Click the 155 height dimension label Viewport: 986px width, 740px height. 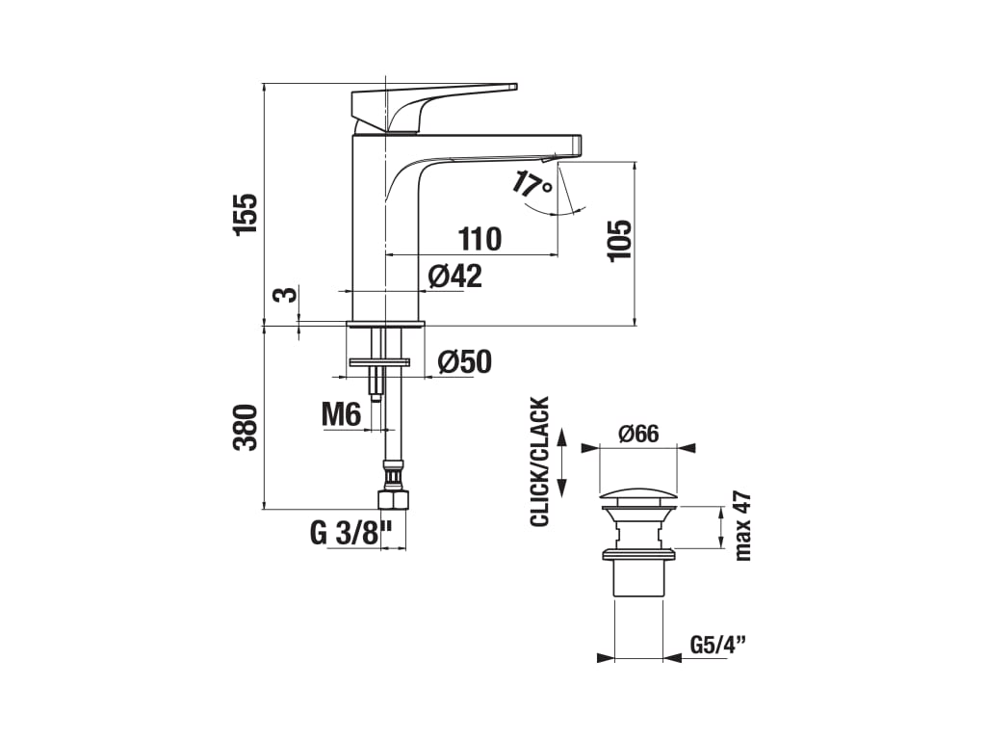tap(246, 213)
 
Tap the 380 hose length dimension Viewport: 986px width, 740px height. tap(246, 427)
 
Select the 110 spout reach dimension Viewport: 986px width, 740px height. tap(480, 238)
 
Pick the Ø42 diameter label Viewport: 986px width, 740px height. tap(454, 276)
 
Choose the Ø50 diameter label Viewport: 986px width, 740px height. tap(464, 361)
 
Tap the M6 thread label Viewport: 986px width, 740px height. tap(341, 415)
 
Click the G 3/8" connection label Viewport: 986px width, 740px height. tap(352, 533)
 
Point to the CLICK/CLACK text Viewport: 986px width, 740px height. tap(539, 462)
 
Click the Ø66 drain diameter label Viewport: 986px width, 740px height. tap(637, 434)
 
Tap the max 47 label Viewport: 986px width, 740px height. tap(742, 525)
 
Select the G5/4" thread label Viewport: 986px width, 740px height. tap(718, 645)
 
